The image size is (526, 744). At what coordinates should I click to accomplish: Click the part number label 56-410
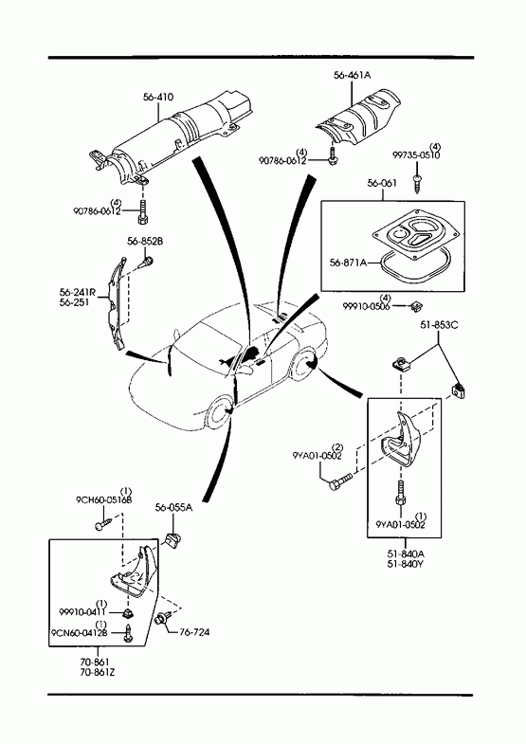coord(158,98)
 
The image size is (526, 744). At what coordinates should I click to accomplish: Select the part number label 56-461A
coord(352,75)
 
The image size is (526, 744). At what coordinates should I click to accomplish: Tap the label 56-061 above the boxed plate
coord(382,183)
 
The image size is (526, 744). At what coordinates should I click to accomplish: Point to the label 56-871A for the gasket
coord(348,263)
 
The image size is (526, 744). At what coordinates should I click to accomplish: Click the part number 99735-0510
coord(416,155)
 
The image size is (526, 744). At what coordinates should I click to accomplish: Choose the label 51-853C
coord(439,325)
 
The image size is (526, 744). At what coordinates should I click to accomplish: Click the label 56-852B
coord(145,242)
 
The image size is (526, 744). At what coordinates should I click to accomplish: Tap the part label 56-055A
coord(173,508)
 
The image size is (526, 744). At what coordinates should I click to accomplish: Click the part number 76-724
coord(194,632)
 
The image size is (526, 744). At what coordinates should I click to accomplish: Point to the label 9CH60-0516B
coord(104,500)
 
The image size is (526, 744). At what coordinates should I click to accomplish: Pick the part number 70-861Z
coord(98,672)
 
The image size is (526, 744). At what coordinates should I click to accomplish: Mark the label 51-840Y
coord(406,564)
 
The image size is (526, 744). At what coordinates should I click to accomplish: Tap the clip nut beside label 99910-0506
coord(416,306)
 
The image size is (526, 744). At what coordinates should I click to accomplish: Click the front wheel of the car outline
coord(220,412)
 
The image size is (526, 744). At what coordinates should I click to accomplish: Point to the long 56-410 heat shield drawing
coord(171,140)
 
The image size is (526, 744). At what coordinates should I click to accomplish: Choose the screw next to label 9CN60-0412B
coord(127,633)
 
